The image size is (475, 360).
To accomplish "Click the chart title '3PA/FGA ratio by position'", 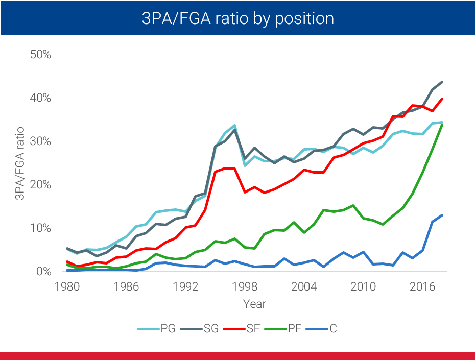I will pyautogui.click(x=237, y=19).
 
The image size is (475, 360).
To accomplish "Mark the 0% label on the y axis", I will pyautogui.click(x=43, y=271).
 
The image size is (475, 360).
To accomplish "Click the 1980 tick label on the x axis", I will pyautogui.click(x=67, y=286).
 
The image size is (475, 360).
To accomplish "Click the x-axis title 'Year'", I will pyautogui.click(x=254, y=304).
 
